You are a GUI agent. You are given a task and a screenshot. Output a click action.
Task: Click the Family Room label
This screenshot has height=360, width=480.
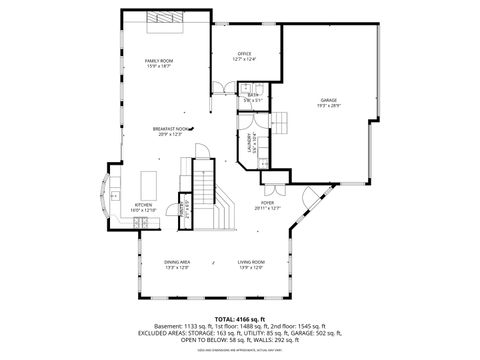[x=160, y=60]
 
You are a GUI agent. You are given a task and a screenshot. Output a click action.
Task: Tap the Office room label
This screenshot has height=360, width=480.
[x=244, y=53]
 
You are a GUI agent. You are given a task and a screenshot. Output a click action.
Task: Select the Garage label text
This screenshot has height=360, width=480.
[x=329, y=100]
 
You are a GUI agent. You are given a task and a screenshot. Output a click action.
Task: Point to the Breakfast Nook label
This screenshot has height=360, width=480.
[x=168, y=128]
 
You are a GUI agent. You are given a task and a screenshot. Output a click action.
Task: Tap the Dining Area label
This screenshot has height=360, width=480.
[x=176, y=262]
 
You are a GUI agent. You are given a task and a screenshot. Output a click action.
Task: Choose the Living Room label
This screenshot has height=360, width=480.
[x=250, y=262]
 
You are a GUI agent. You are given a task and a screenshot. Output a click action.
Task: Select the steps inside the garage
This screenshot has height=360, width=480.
[x=281, y=123]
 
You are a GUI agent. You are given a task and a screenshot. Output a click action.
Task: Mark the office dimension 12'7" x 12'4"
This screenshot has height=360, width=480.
[x=244, y=59]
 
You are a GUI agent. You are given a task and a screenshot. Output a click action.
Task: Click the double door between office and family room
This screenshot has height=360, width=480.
[x=213, y=87]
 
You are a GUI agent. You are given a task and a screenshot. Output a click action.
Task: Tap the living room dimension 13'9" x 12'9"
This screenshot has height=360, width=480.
[x=250, y=267]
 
